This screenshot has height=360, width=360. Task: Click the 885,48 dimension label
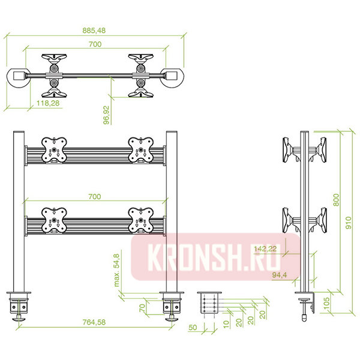tap(94, 31)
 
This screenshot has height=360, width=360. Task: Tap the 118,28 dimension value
tap(48, 103)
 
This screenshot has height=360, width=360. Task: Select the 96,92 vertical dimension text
tap(106, 115)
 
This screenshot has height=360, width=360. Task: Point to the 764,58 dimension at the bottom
tap(94, 322)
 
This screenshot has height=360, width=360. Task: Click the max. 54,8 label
tap(116, 270)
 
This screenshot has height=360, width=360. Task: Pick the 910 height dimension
tap(348, 223)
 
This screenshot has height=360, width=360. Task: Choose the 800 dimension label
tap(336, 200)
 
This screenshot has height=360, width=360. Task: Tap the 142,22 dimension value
tap(265, 248)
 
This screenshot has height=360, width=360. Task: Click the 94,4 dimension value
tap(280, 275)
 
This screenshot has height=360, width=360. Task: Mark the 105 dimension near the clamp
tap(326, 303)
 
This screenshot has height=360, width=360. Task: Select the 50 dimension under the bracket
tap(193, 328)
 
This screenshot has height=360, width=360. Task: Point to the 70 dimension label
tap(142, 308)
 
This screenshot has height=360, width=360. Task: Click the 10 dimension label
tap(226, 324)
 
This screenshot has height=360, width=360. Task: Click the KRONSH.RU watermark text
tap(214, 257)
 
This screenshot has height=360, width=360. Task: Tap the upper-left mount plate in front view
tap(54, 150)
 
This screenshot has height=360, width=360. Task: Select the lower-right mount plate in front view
tap(141, 220)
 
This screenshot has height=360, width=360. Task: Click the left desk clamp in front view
tap(19, 306)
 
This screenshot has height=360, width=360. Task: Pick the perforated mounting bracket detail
tap(209, 303)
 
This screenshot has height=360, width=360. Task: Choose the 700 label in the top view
tap(95, 44)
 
